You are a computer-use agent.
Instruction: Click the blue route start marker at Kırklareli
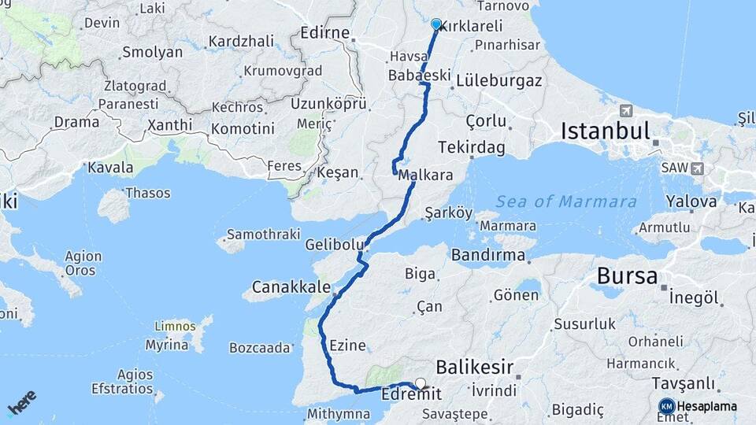coord(436,24)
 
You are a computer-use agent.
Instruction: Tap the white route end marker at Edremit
coord(421,384)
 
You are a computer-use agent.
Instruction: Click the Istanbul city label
coord(605,131)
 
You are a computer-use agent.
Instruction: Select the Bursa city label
coord(627,276)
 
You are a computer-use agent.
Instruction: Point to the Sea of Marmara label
coord(566,201)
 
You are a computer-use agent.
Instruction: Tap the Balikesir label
coord(475,367)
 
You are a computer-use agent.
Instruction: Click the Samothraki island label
coord(263,235)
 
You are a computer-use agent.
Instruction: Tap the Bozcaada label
coord(260,347)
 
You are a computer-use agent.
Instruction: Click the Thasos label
coord(147,192)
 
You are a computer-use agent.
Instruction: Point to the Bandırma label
coord(488,255)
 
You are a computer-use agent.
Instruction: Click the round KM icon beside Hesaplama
coord(666,406)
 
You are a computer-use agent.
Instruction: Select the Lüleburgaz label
coord(499,80)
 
